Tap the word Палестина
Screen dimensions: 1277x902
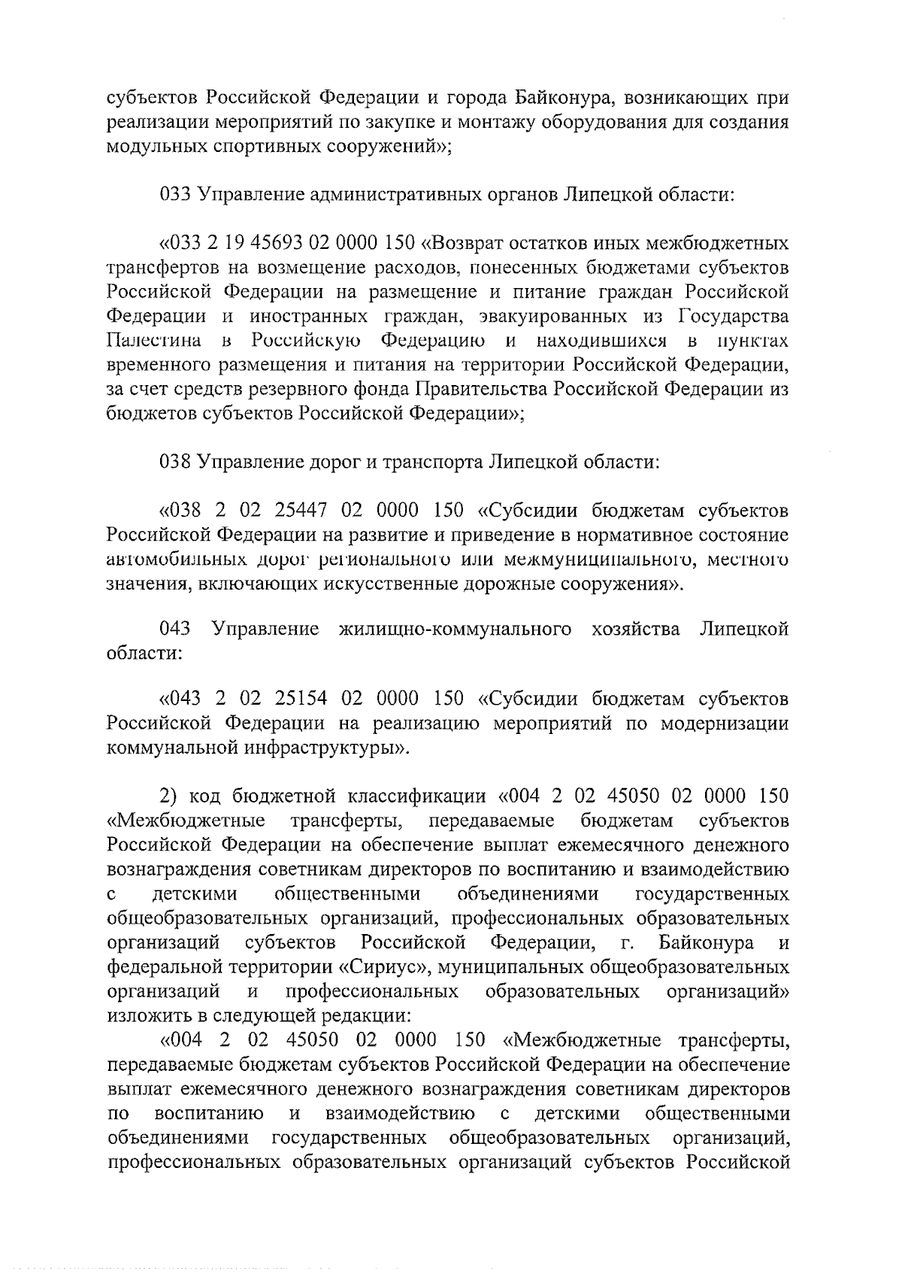[153, 341]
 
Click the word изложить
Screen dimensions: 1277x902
[147, 1017]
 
